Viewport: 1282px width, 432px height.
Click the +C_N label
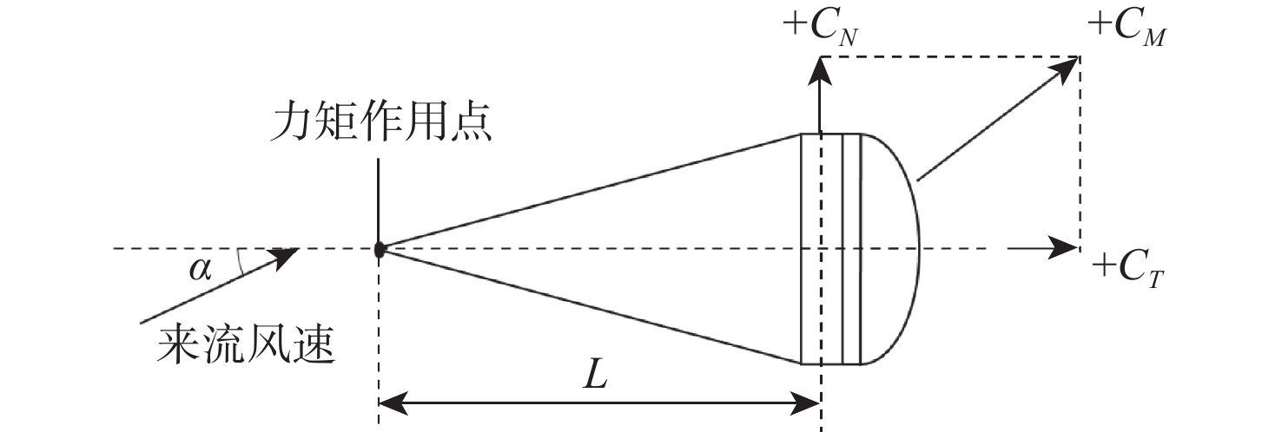pos(821,28)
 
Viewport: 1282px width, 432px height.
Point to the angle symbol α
pos(200,269)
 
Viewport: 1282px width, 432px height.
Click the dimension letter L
pos(594,376)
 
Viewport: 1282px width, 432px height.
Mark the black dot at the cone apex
pos(380,250)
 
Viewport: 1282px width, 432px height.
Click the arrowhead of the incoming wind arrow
pos(287,253)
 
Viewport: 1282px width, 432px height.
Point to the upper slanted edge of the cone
pos(591,191)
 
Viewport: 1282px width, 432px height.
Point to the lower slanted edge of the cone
pos(591,306)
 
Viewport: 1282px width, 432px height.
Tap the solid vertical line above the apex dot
pos(380,200)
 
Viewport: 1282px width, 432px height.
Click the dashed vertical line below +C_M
pos(1080,156)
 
